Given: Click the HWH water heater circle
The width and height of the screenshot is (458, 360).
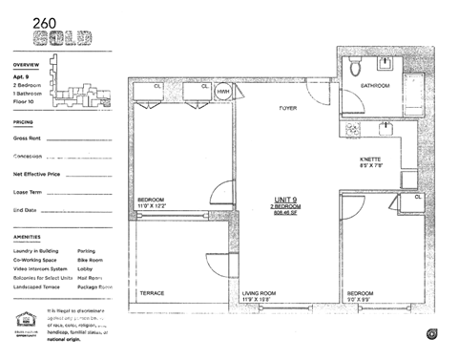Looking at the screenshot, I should [223, 91].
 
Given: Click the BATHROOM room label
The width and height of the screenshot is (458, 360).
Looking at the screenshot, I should [374, 87].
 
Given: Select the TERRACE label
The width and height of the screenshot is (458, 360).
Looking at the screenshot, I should [152, 292].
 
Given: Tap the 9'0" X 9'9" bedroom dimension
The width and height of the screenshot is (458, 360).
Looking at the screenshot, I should [364, 299].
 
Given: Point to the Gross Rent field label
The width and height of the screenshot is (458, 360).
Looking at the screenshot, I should [28, 138].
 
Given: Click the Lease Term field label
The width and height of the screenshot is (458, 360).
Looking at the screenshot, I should [29, 192].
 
